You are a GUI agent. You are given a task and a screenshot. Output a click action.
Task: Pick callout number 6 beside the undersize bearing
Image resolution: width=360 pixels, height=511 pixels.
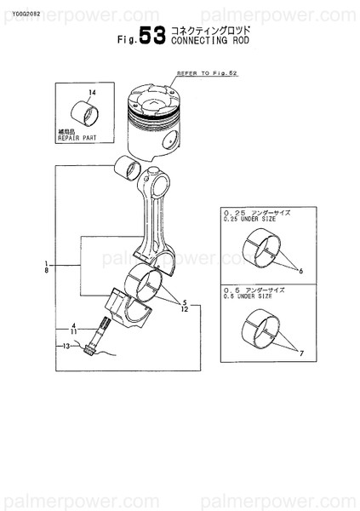pos(300,271)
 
